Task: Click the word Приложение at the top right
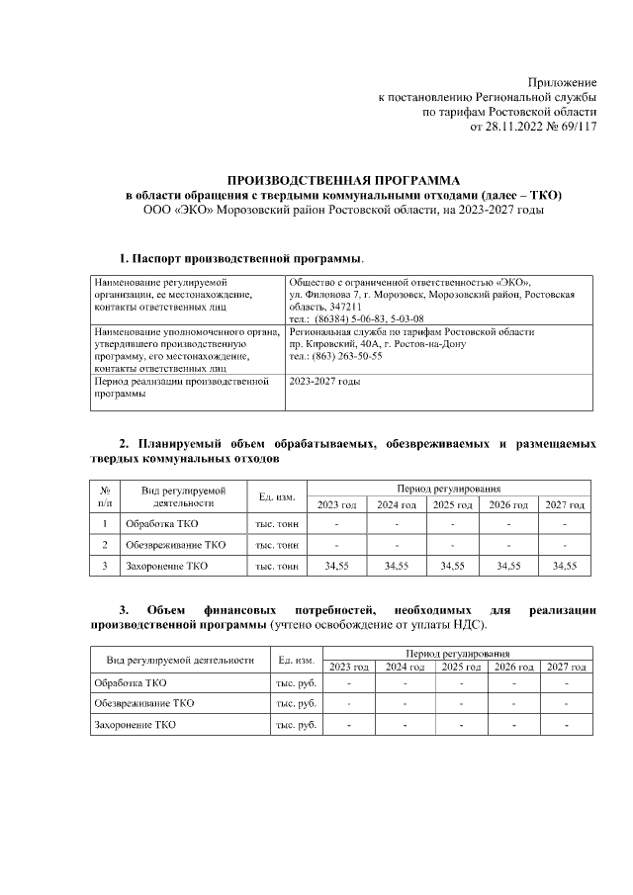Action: tap(563, 81)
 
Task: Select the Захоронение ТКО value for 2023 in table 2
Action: tap(336, 567)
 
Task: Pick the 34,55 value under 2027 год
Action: tap(565, 567)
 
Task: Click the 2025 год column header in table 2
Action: tap(452, 505)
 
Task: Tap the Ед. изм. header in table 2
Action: tap(277, 496)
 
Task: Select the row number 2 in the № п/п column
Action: tap(105, 545)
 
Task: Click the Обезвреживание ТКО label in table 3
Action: tap(143, 703)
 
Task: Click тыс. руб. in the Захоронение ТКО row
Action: tap(296, 726)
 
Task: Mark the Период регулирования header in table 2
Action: tap(449, 489)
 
